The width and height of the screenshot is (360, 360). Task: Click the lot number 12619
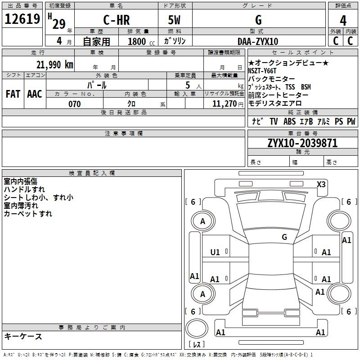point(22,19)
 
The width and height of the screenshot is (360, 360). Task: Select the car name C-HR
point(117,20)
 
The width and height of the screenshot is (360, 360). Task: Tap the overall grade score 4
point(343,21)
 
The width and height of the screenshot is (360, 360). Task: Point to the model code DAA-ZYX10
point(258,41)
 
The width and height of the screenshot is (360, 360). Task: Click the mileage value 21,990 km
point(54,64)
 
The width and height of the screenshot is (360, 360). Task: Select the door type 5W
point(174,20)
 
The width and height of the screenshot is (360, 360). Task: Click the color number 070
point(75,104)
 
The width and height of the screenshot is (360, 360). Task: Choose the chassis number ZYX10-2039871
point(302,143)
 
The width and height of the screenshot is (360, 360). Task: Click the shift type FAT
point(13,94)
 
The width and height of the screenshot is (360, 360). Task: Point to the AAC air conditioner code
point(35,94)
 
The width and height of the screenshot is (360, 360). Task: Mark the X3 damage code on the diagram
point(321,184)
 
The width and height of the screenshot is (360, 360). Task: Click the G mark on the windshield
point(284,237)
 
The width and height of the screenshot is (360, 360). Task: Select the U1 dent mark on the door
point(215,252)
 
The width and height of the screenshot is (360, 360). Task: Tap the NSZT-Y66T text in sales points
point(262,71)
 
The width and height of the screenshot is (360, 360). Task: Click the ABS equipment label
point(289,121)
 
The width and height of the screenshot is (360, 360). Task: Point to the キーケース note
point(23,336)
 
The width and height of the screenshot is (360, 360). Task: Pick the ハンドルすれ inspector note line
point(24,189)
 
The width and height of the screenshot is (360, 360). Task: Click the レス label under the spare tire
point(197,344)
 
